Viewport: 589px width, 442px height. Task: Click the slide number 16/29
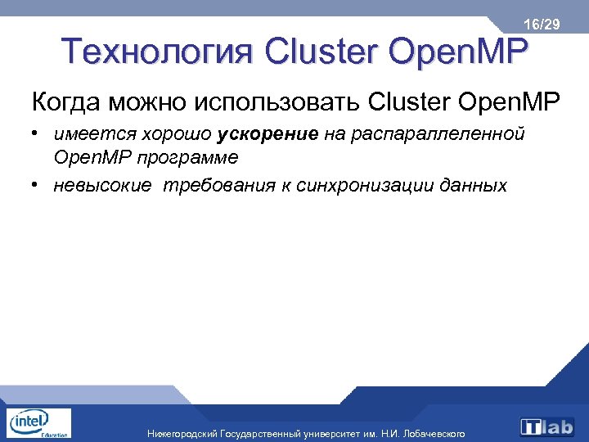pos(542,25)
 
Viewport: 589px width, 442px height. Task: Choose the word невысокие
pos(103,185)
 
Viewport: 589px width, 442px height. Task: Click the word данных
pos(474,185)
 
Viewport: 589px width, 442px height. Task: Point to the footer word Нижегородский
pos(182,433)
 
